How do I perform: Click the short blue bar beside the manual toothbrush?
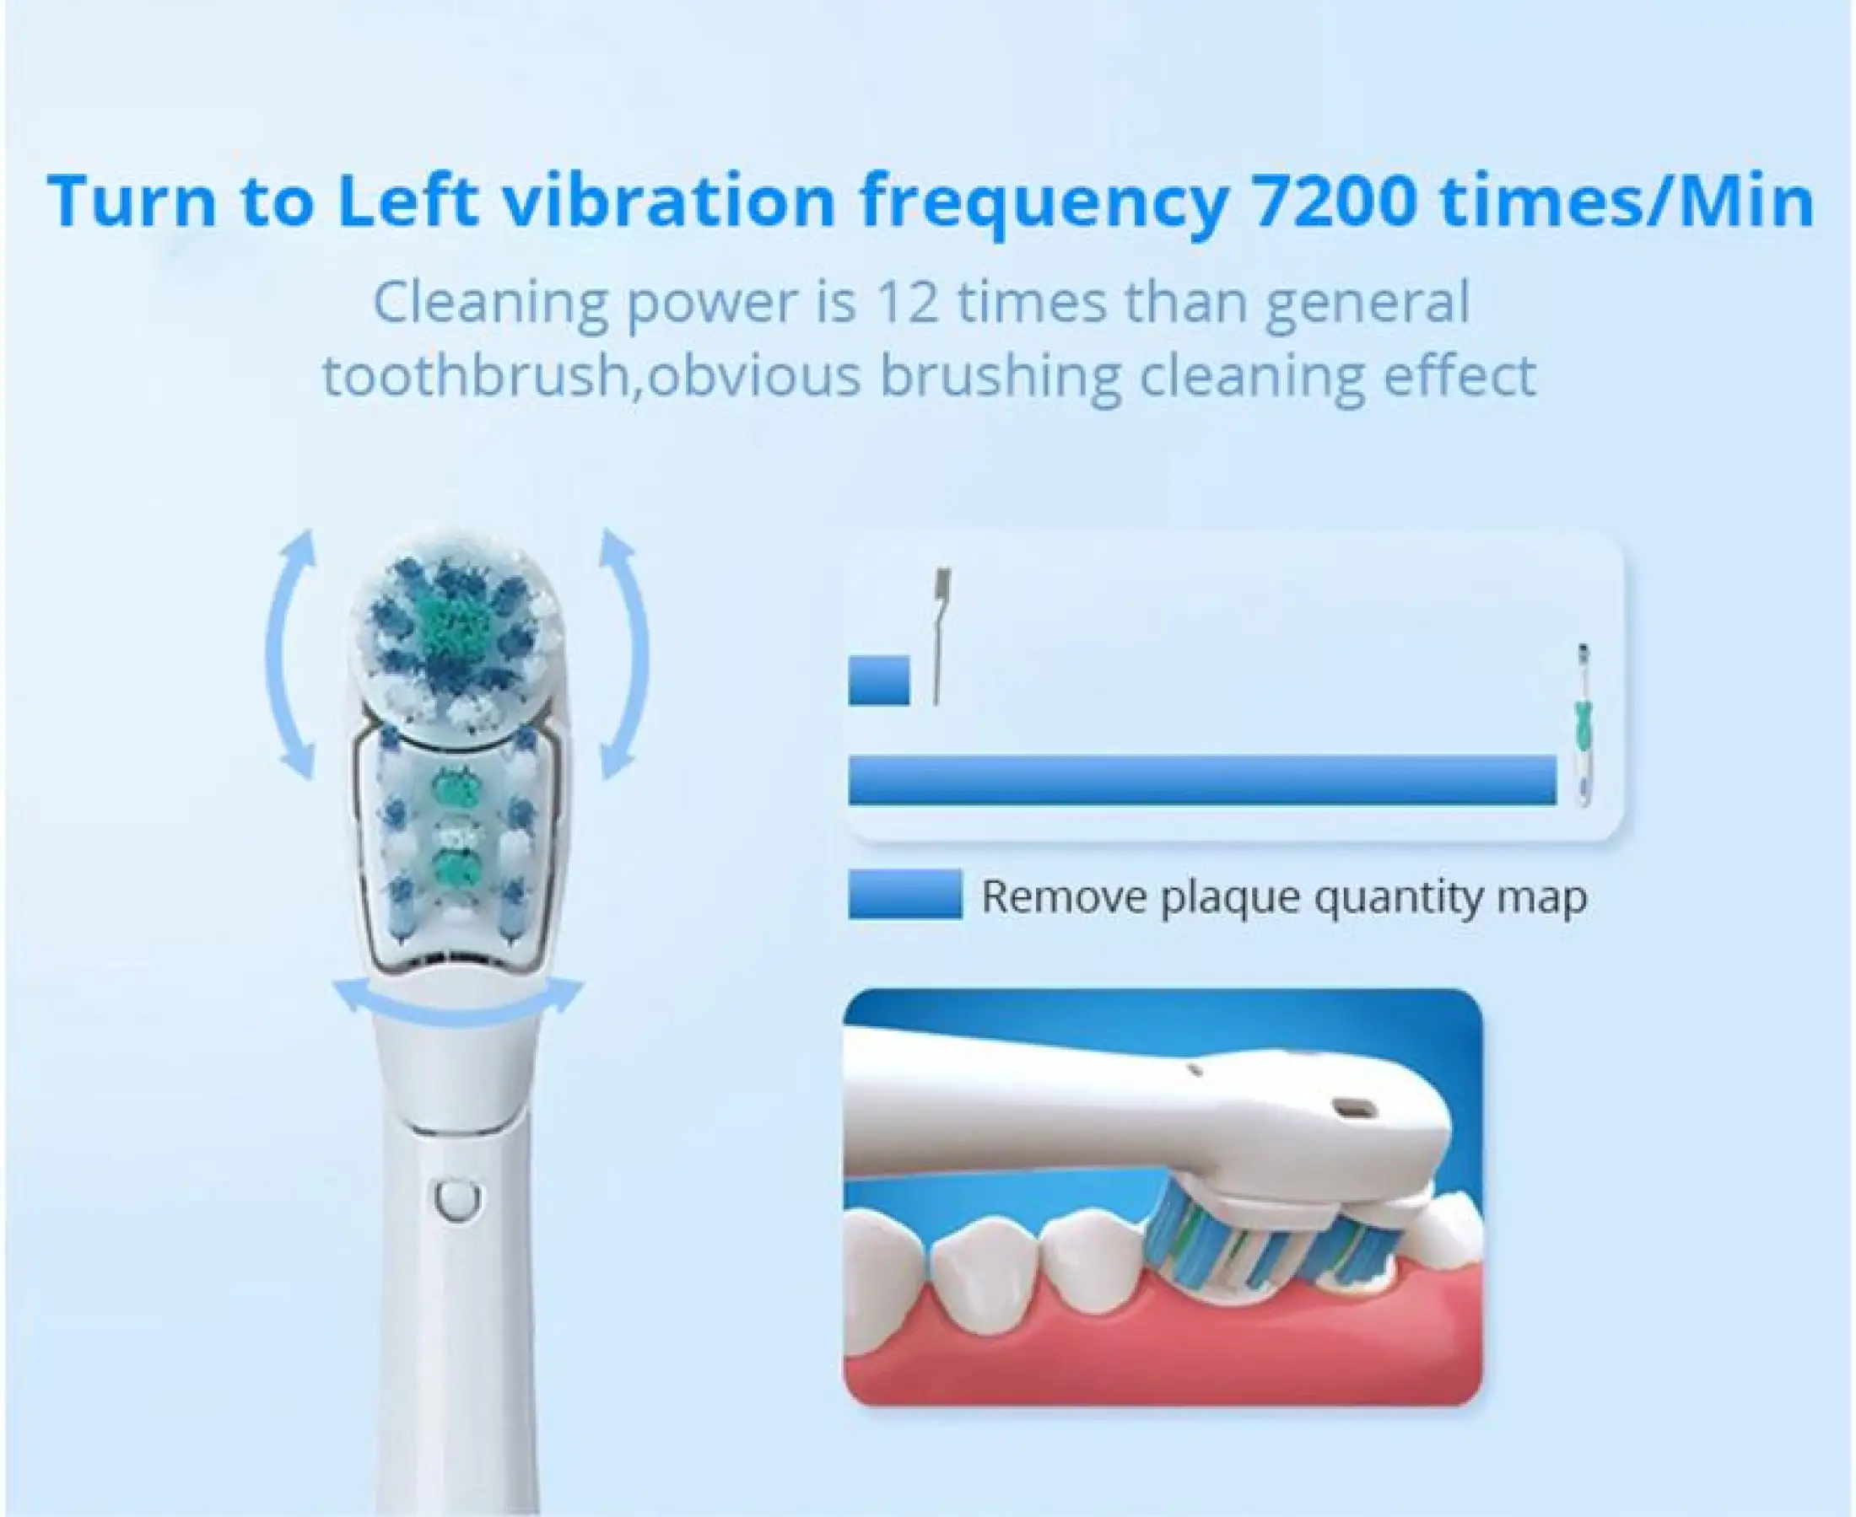pos(878,680)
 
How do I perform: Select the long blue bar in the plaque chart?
pos(1202,779)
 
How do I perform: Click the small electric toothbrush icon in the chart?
pos(1584,724)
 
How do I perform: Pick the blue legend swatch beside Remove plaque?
pos(905,894)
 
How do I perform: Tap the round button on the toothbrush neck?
pos(456,1200)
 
